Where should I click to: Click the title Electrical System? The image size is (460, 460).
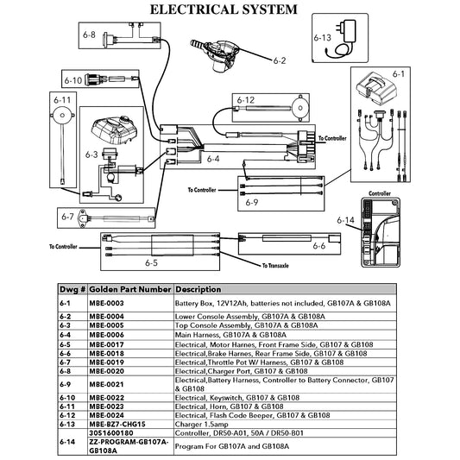click(x=224, y=9)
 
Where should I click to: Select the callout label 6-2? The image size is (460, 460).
click(x=280, y=60)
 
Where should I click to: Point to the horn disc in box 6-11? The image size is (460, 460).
click(x=62, y=116)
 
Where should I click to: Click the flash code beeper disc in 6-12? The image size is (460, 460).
click(x=299, y=108)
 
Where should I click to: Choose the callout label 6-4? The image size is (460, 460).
click(x=213, y=159)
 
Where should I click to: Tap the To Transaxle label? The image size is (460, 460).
click(x=275, y=266)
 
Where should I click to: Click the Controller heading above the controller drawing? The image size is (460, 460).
click(x=380, y=193)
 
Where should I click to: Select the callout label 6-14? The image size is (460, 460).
click(x=345, y=220)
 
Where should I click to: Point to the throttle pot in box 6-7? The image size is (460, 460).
click(x=83, y=218)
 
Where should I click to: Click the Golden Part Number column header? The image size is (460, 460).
click(x=130, y=290)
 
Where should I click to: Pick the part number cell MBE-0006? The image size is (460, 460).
click(x=106, y=335)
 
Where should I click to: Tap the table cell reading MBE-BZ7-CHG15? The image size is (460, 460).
click(x=117, y=425)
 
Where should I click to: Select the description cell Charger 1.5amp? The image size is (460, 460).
click(x=202, y=425)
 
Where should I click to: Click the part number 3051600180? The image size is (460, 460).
click(x=111, y=433)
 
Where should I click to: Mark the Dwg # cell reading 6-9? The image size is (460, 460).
click(x=65, y=384)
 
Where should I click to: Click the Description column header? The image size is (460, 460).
click(x=198, y=290)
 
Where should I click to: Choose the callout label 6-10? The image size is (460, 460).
click(x=73, y=80)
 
